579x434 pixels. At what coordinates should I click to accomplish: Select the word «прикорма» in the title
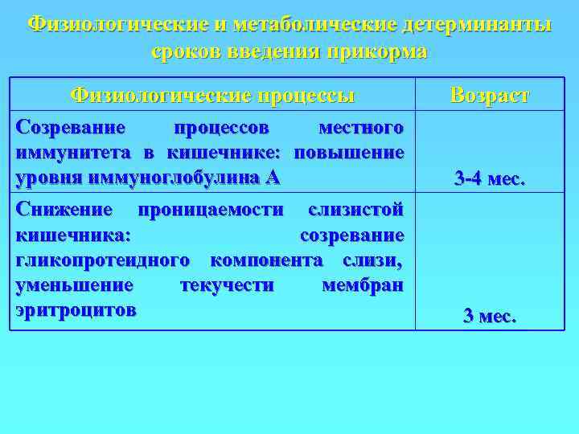[x=377, y=52]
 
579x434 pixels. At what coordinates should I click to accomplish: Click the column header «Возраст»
[x=490, y=96]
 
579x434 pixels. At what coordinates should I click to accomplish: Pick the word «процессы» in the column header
[x=306, y=96]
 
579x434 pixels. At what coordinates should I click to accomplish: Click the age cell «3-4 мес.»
[x=490, y=178]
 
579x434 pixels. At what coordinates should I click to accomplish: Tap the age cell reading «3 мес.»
[x=490, y=316]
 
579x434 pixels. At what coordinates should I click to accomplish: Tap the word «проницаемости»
[x=211, y=211]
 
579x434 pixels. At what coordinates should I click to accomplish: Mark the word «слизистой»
[x=356, y=211]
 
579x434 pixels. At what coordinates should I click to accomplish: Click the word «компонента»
[x=265, y=260]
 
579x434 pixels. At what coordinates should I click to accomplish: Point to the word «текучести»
[x=228, y=285]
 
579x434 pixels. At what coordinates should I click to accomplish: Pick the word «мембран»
[x=363, y=285]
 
